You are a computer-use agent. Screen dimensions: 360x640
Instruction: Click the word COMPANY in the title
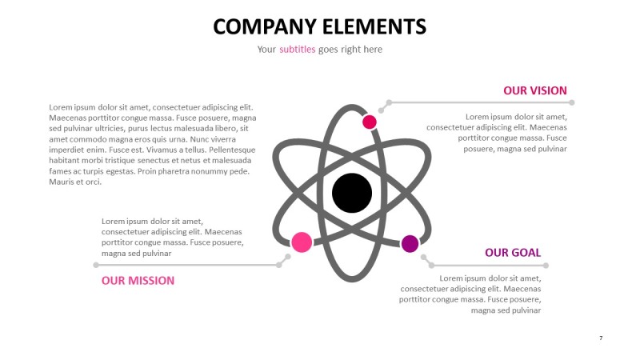265,26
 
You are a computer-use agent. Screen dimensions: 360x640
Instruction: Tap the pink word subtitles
298,50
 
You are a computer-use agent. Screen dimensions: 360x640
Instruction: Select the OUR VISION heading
534,90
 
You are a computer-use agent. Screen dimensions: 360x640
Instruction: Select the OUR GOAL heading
513,253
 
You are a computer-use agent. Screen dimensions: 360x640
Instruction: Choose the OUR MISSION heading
138,281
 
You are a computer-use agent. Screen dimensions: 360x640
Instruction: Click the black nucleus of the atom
352,193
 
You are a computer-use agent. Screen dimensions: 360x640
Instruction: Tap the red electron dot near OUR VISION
370,122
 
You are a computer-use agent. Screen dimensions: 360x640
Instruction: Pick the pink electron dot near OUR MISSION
302,242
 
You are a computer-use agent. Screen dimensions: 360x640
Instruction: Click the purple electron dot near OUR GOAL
410,244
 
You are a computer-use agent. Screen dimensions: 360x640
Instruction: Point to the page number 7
601,338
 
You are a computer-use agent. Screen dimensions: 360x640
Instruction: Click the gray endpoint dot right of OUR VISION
572,102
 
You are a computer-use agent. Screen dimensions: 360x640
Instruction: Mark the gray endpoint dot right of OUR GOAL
546,265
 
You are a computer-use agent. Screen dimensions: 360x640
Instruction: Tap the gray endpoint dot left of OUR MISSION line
96,265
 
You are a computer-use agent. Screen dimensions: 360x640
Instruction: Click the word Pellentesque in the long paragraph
228,150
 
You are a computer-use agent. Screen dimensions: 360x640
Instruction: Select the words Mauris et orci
76,182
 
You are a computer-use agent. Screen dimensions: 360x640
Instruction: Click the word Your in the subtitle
266,50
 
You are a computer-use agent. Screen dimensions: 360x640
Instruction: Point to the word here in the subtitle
372,50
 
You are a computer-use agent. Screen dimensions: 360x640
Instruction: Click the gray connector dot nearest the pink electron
288,257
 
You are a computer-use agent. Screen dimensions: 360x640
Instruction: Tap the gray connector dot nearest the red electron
390,102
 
